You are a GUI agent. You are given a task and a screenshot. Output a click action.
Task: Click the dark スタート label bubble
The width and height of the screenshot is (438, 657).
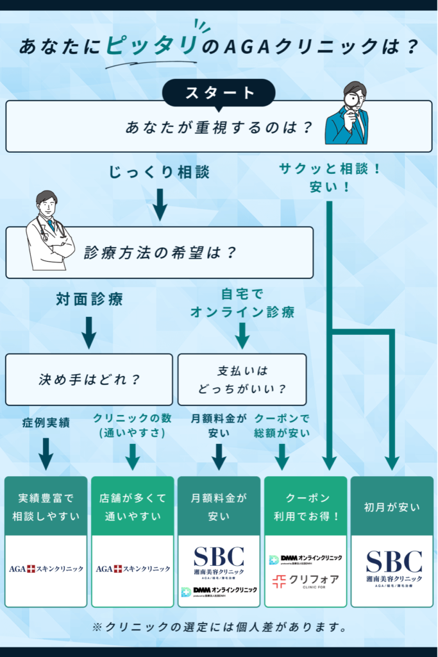coord(219,93)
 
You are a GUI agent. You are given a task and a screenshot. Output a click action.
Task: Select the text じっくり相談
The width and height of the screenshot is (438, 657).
coord(160,172)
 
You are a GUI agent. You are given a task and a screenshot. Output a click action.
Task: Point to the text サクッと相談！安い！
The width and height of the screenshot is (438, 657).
coord(330,178)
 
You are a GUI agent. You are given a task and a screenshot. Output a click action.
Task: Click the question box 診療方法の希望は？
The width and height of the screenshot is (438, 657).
coord(160,252)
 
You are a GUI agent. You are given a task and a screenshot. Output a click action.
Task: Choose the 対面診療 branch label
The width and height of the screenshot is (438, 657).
coord(89,299)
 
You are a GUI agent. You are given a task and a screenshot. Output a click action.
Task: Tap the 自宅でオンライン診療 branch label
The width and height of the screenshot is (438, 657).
coord(242,303)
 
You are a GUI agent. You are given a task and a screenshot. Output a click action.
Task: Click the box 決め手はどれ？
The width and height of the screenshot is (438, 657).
coord(89,379)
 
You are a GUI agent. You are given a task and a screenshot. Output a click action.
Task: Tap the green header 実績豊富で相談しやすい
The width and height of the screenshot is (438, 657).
coord(46,507)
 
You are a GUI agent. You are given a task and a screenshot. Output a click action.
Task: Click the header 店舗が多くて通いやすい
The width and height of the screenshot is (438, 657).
coord(132,507)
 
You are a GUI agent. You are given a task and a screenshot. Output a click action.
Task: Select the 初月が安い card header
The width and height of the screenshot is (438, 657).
coord(392,507)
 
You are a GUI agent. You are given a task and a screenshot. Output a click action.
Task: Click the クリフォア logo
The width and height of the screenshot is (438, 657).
coord(305,581)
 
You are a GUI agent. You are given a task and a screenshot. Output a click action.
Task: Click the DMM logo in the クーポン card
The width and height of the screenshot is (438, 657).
coord(305,559)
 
